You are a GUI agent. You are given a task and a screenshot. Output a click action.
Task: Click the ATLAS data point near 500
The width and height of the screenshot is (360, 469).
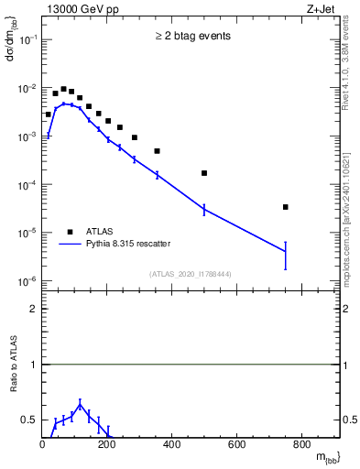(204, 173)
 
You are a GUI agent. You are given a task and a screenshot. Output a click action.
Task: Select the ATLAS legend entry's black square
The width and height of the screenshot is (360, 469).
(70, 232)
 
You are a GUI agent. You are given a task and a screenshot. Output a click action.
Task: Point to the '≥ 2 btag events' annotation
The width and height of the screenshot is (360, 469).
(192, 37)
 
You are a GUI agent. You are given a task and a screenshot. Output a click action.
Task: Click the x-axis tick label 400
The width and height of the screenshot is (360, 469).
(172, 445)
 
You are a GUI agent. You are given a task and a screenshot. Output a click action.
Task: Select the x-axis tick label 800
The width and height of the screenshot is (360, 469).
(301, 445)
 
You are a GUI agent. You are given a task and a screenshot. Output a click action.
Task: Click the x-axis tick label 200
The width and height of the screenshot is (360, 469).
(107, 445)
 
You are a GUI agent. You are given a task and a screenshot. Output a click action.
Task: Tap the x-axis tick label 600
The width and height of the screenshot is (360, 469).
(236, 445)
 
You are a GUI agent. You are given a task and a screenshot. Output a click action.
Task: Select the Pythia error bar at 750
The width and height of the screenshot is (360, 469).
(286, 255)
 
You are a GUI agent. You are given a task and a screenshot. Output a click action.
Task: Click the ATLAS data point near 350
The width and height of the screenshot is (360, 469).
(157, 151)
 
